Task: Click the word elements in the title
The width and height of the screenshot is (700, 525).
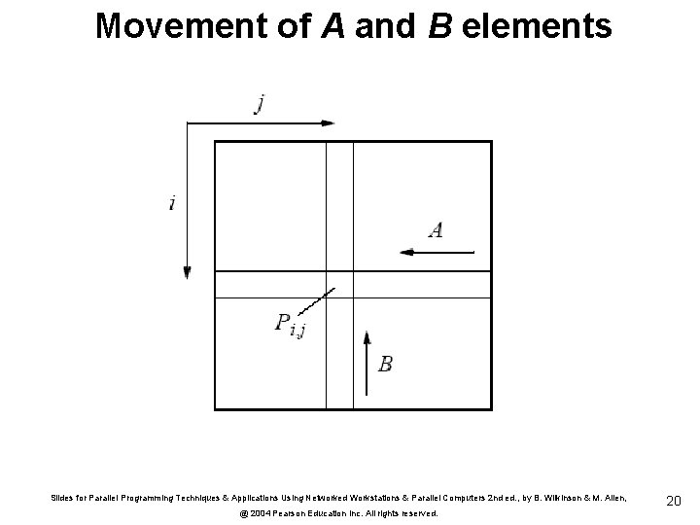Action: coord(539,26)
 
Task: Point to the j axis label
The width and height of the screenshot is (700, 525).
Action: coord(259,104)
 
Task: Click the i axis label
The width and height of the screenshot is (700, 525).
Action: coord(172,203)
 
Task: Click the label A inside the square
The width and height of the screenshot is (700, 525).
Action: coord(437,229)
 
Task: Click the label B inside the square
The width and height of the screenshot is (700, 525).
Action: coord(386,364)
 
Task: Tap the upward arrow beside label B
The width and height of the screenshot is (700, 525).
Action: coord(367,355)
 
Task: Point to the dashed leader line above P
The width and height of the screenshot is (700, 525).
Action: coord(320,300)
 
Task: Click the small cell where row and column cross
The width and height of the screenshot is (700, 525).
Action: coord(339,284)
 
